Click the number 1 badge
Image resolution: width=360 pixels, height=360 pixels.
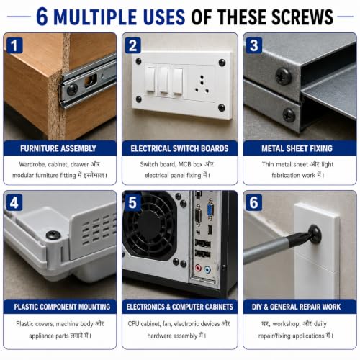(14, 45)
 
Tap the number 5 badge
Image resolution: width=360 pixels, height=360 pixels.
(132, 203)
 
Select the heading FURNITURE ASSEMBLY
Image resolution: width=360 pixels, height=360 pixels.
(58, 148)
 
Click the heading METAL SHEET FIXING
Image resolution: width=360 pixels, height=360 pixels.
(297, 148)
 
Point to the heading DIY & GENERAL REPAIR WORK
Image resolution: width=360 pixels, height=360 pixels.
(296, 307)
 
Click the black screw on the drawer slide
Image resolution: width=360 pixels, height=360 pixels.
(72, 89)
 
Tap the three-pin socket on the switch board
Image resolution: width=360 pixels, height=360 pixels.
(202, 84)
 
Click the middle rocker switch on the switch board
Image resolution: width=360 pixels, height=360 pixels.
(164, 81)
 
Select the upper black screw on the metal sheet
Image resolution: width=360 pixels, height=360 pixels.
(284, 76)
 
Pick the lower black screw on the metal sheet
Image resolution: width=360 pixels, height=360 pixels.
(289, 115)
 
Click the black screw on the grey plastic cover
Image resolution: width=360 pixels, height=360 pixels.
(53, 235)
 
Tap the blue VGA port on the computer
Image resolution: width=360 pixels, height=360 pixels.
(210, 210)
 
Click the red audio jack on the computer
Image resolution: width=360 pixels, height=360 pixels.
(198, 268)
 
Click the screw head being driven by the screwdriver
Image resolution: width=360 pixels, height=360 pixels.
(315, 233)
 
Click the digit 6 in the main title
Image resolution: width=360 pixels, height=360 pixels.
(42, 17)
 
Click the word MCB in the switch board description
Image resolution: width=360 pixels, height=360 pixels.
(185, 164)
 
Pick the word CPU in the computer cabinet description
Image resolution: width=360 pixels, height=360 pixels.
(133, 324)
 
